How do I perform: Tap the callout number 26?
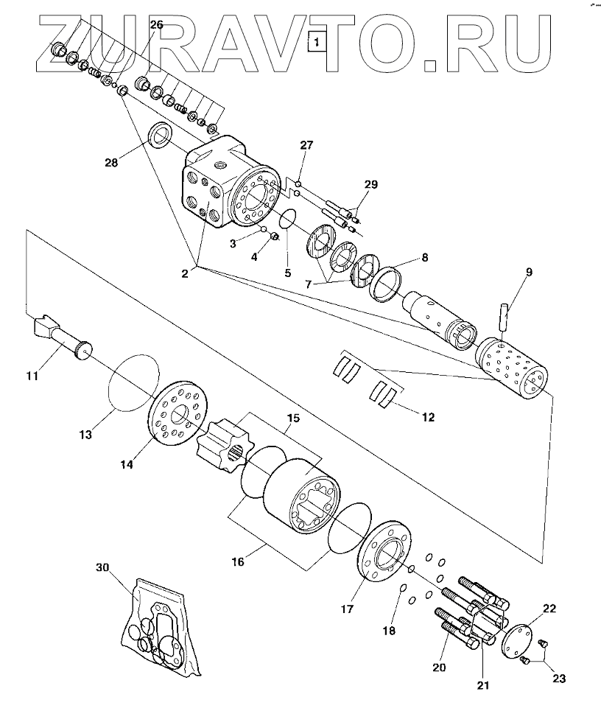click(x=156, y=24)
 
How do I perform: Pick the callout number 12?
click(x=427, y=417)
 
